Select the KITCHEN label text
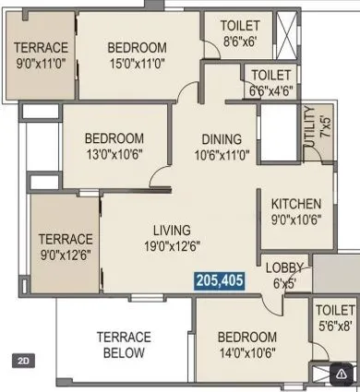click(295, 204)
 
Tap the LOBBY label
click(284, 268)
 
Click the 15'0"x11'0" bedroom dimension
click(137, 64)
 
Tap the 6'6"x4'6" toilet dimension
click(270, 90)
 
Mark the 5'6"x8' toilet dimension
click(334, 325)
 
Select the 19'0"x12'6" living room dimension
click(173, 245)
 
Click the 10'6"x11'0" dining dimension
click(222, 154)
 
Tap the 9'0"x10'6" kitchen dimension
click(295, 220)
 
